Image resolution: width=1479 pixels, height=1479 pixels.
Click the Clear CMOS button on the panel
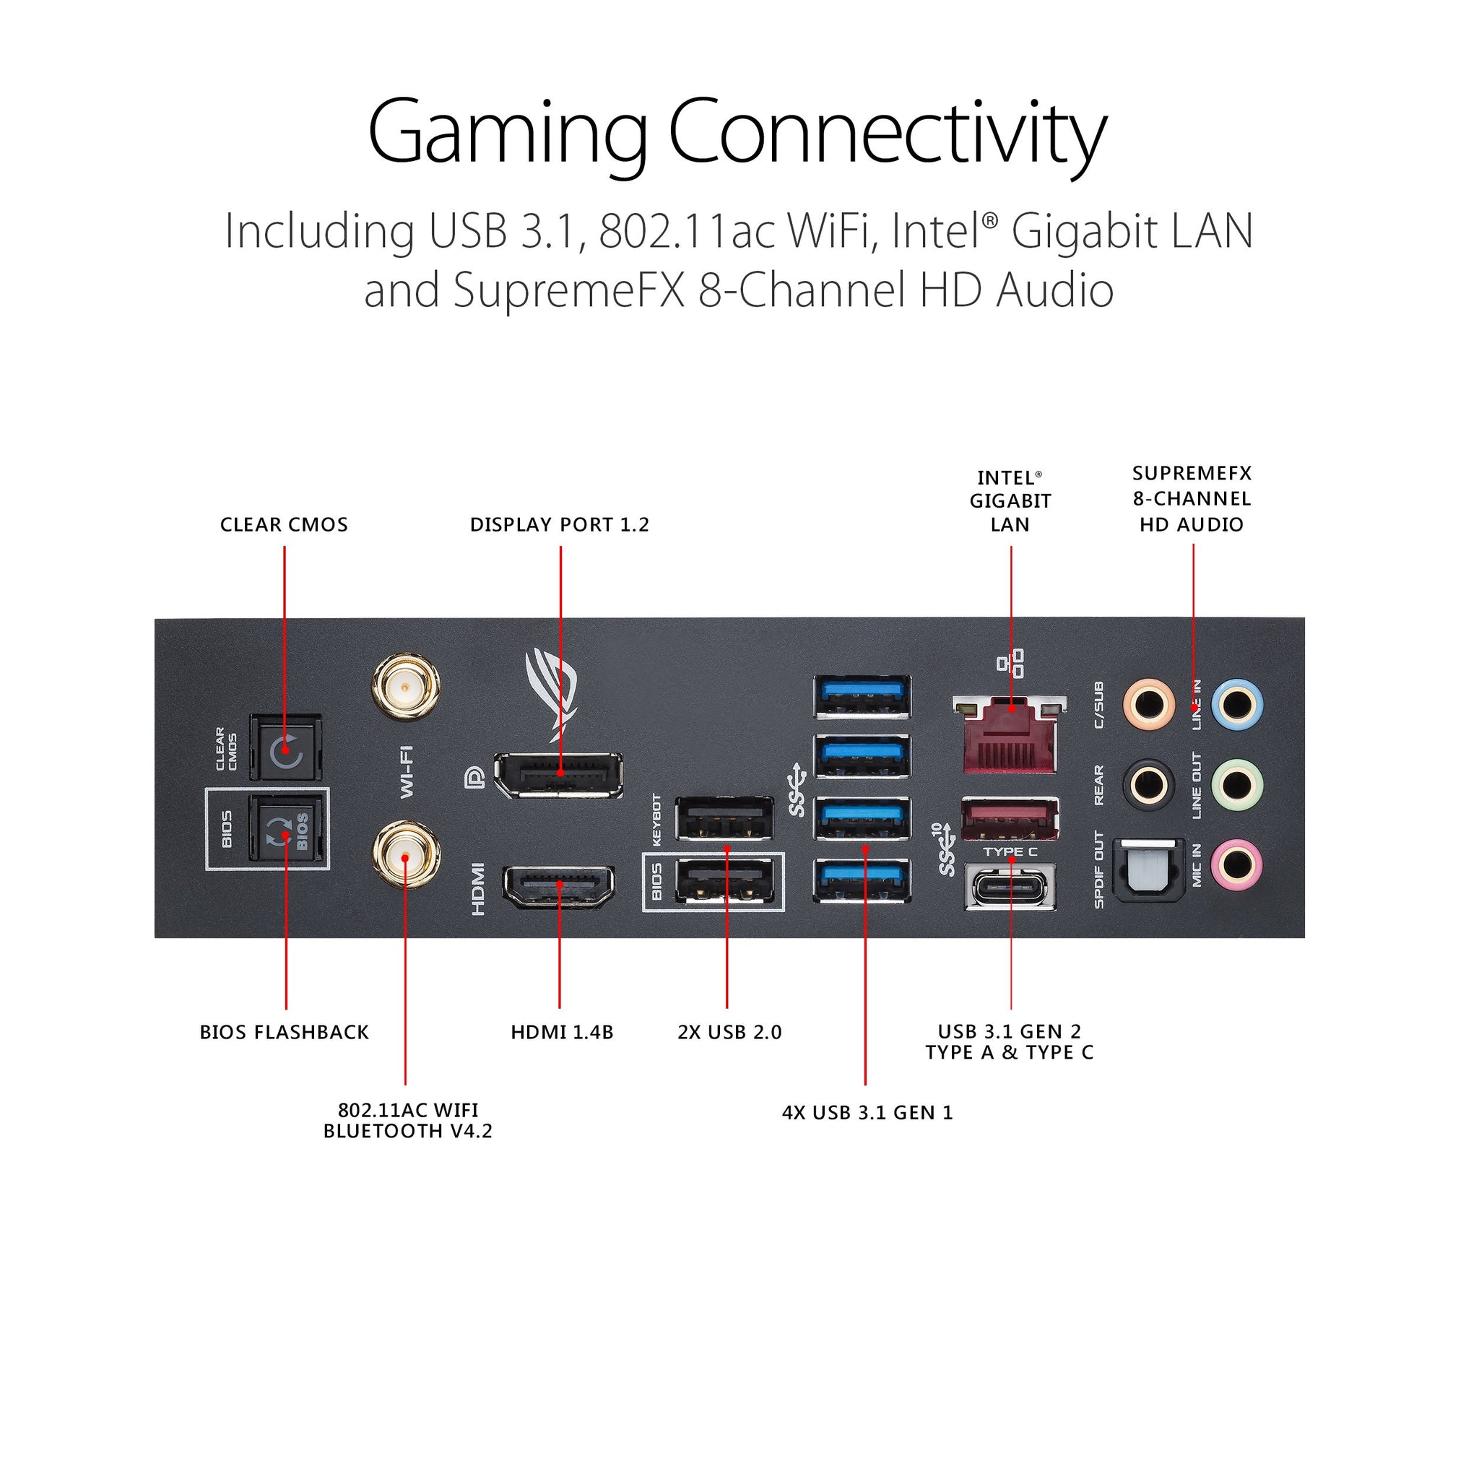coord(285,748)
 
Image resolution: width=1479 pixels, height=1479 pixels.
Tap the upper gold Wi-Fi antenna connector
coord(406,686)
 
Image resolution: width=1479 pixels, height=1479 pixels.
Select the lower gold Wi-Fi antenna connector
coord(406,854)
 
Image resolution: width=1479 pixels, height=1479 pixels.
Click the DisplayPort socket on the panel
coord(558,775)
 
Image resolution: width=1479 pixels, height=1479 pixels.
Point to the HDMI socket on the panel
coord(558,887)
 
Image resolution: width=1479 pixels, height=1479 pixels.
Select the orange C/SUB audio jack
coord(1148,703)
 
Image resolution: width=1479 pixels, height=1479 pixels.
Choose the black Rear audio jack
coord(1148,784)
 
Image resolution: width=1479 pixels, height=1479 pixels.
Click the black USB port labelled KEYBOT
coord(724,819)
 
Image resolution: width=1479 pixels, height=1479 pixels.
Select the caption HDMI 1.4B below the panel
coord(562,1033)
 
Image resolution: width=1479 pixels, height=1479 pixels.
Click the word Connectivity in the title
coord(888,134)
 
